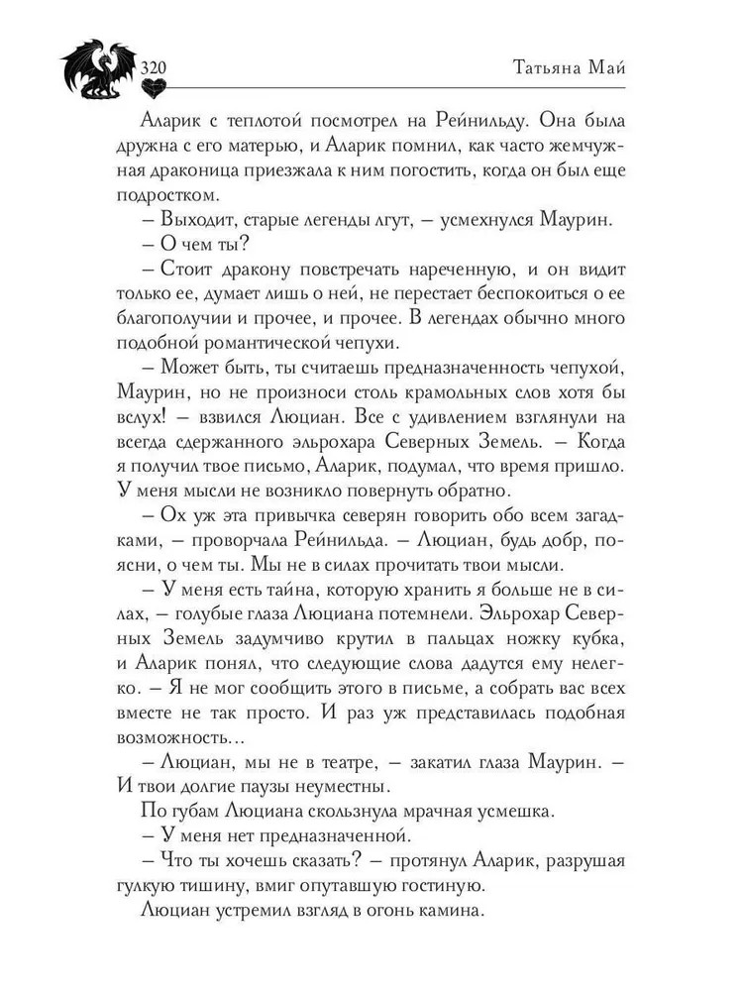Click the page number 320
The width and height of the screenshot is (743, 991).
[x=156, y=67]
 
